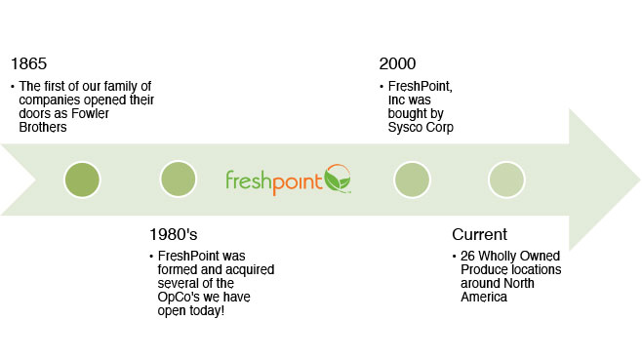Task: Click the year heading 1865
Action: pos(28,63)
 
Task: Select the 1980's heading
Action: pos(174,235)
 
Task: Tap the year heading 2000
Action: pos(397,63)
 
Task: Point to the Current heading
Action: pos(479,235)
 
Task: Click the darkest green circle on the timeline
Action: pos(82,180)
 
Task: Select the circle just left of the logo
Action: pos(179,179)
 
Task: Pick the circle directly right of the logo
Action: pos(412,180)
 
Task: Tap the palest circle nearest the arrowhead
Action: pos(506,180)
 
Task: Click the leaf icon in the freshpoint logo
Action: pos(338,179)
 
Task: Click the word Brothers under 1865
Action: pos(43,128)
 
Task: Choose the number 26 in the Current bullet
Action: pos(467,256)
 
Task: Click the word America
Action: pos(484,297)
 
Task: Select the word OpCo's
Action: pos(179,298)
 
